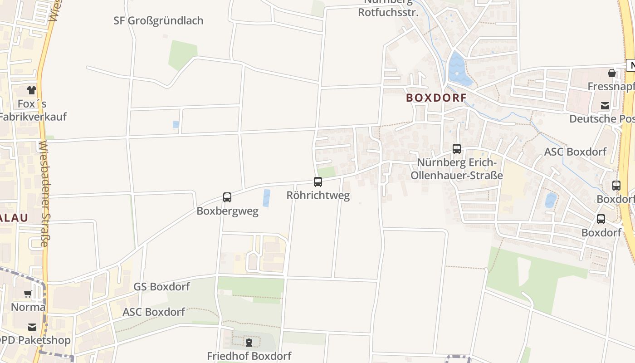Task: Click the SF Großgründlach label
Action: tap(158, 21)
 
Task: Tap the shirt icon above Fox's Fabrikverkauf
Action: tap(32, 90)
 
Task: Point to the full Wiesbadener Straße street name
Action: tap(44, 194)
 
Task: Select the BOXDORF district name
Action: tap(436, 98)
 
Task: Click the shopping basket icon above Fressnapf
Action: tap(612, 73)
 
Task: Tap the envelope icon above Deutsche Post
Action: tap(605, 106)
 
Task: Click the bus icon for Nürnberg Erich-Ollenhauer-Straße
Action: tap(457, 149)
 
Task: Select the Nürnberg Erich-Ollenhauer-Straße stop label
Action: tap(457, 169)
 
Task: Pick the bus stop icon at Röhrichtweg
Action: tap(318, 182)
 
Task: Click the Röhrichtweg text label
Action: tap(318, 196)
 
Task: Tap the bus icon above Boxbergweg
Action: tap(227, 197)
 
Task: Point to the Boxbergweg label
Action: tap(227, 211)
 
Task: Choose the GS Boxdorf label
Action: tap(162, 287)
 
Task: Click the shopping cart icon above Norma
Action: tap(28, 294)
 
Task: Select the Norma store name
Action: tap(28, 307)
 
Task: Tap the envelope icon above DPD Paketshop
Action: tap(32, 327)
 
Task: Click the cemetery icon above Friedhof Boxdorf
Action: tap(249, 342)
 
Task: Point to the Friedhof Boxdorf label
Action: tap(249, 356)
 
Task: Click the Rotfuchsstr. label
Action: tap(388, 12)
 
